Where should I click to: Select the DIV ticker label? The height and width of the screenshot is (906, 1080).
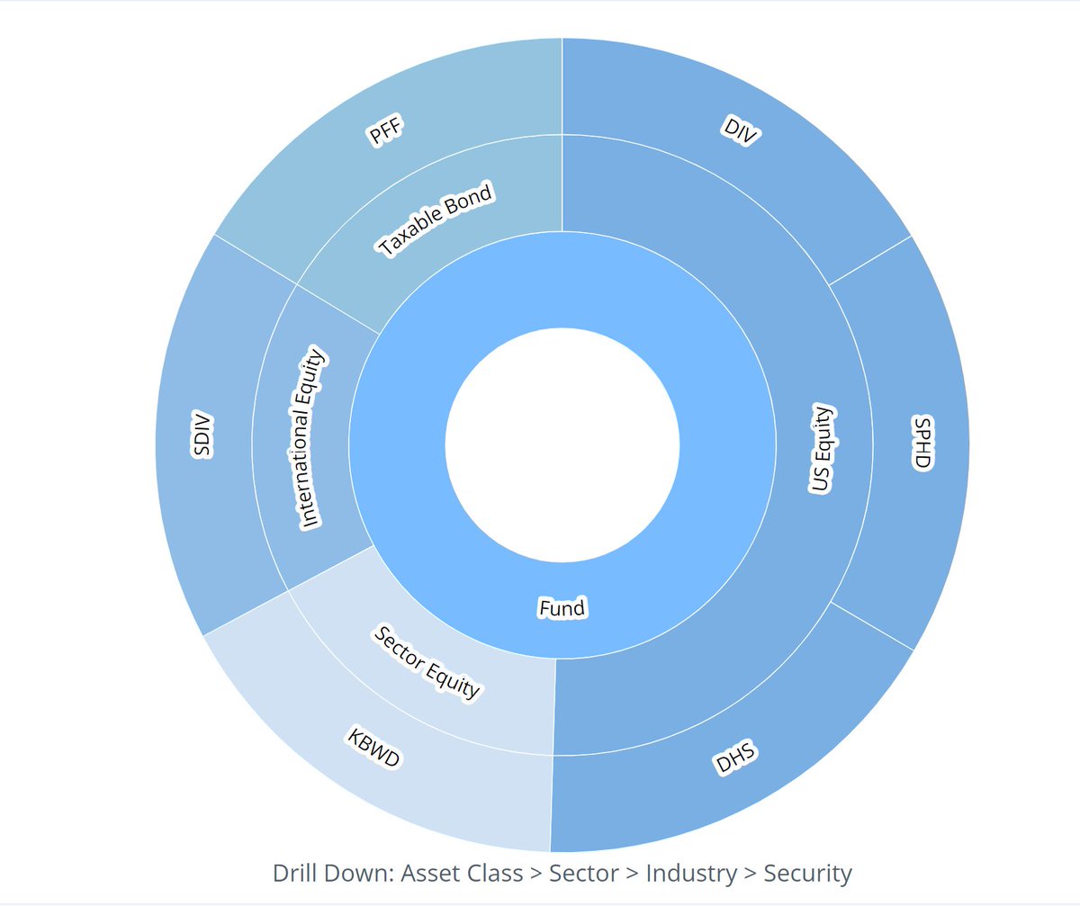742,130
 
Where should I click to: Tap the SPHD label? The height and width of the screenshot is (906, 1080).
922,442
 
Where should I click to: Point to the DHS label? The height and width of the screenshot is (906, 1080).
736,759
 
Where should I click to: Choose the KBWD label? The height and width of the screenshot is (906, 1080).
373,748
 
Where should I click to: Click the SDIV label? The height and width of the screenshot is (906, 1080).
202,435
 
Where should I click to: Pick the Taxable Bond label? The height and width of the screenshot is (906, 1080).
436,220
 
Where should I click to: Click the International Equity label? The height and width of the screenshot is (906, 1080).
310,438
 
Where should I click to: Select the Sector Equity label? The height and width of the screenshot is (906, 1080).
427,663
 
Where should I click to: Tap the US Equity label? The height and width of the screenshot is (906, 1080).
823,450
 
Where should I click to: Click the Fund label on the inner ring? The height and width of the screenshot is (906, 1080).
562,608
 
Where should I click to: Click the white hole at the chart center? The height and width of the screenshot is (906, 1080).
562,445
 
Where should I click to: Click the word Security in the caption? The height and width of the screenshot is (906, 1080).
807,873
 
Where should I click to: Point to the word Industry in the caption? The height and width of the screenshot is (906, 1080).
690,873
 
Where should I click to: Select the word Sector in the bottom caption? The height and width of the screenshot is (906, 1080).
583,873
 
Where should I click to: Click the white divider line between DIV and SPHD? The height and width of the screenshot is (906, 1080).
870,261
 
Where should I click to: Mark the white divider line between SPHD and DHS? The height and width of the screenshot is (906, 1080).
873,626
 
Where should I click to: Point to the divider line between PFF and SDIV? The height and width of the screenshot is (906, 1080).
255,259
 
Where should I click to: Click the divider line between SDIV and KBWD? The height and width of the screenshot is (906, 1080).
246,614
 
